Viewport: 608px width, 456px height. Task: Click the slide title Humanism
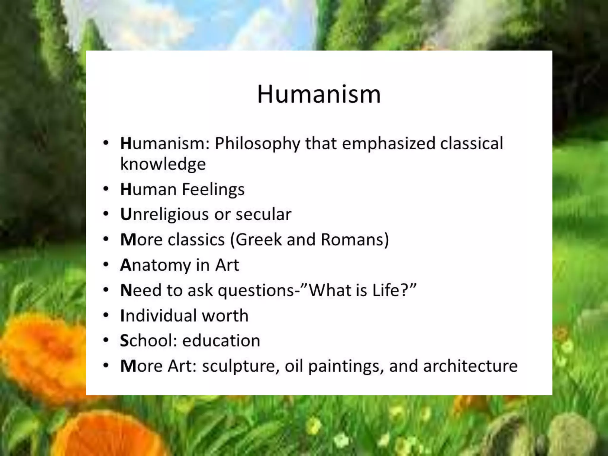point(319,94)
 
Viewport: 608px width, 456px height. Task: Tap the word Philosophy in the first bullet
point(257,144)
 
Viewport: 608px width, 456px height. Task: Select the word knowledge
point(163,164)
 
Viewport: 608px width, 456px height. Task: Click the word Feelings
point(213,190)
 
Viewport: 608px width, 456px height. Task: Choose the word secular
point(263,215)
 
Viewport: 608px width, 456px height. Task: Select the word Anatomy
point(155,265)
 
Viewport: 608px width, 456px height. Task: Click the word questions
point(256,291)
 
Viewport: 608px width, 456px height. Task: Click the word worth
point(225,316)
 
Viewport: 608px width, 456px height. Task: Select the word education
point(221,341)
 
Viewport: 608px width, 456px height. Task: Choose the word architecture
point(470,366)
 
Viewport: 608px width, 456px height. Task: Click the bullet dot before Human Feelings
point(106,189)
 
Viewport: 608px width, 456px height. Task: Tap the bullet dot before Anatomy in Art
point(106,264)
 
